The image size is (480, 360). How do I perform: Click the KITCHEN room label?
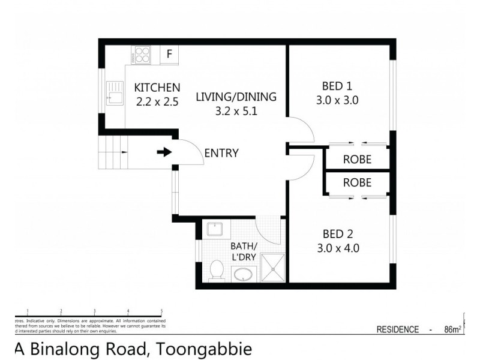coord(157,88)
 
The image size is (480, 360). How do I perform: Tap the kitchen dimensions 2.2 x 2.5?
coord(157,101)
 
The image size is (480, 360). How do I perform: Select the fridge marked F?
coord(169,55)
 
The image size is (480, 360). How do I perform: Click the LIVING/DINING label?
coord(236,97)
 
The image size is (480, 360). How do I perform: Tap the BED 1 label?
coord(337,85)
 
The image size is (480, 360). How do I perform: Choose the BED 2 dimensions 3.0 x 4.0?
coord(337,248)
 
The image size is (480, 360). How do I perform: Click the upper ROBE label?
coord(357,160)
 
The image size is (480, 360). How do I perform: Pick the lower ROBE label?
coord(357,182)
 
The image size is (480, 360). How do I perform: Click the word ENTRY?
coord(221,153)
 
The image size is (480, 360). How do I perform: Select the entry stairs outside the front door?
coord(115,152)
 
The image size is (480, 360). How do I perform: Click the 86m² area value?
coord(452,329)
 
